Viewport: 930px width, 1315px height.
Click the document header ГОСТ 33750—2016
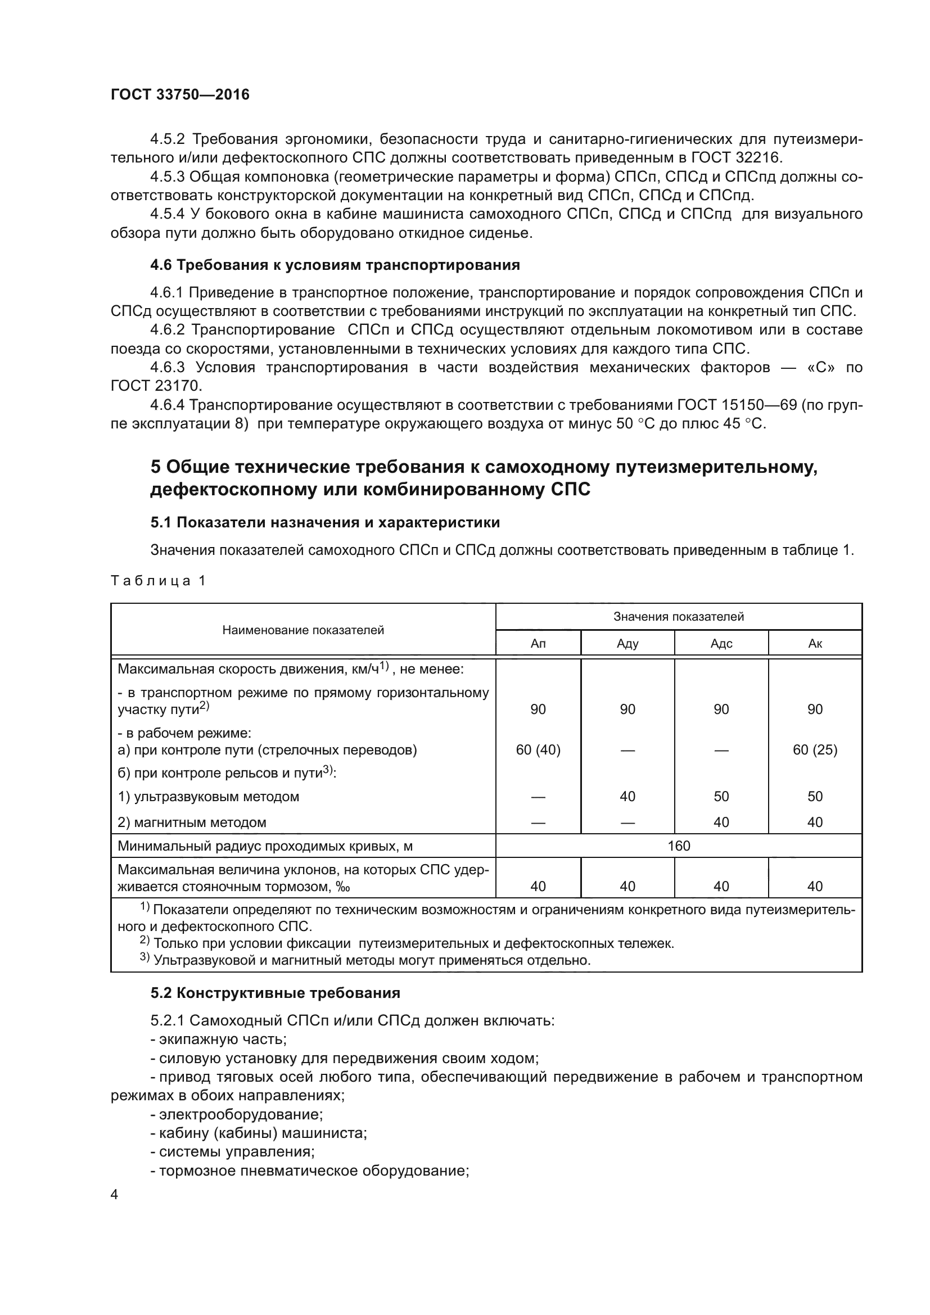pyautogui.click(x=180, y=94)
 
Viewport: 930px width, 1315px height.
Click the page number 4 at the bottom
pyautogui.click(x=115, y=1195)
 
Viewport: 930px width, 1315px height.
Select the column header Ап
pyautogui.click(x=538, y=643)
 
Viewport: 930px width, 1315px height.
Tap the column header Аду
pyautogui.click(x=627, y=643)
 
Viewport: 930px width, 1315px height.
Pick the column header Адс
pyautogui.click(x=721, y=643)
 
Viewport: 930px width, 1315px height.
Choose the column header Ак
pyautogui.click(x=814, y=643)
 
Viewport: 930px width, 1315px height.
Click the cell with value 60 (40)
pyautogui.click(x=538, y=750)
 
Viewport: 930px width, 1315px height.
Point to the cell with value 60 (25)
pyautogui.click(x=814, y=750)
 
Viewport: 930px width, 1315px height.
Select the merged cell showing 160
pyautogui.click(x=679, y=846)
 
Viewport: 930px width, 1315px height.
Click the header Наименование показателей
pyautogui.click(x=303, y=630)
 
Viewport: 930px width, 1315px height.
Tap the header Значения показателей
pyautogui.click(x=679, y=617)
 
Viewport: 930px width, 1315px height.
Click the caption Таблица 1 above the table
pyautogui.click(x=157, y=581)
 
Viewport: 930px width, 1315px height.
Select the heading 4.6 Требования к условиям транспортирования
pyautogui.click(x=335, y=265)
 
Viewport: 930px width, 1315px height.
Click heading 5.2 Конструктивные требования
pyautogui.click(x=276, y=993)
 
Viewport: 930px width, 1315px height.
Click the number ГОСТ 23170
pyautogui.click(x=156, y=386)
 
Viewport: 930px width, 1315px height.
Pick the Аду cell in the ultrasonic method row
pyautogui.click(x=627, y=796)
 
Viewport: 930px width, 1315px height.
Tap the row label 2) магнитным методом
pyautogui.click(x=192, y=823)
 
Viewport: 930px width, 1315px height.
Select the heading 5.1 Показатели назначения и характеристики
pyautogui.click(x=325, y=522)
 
